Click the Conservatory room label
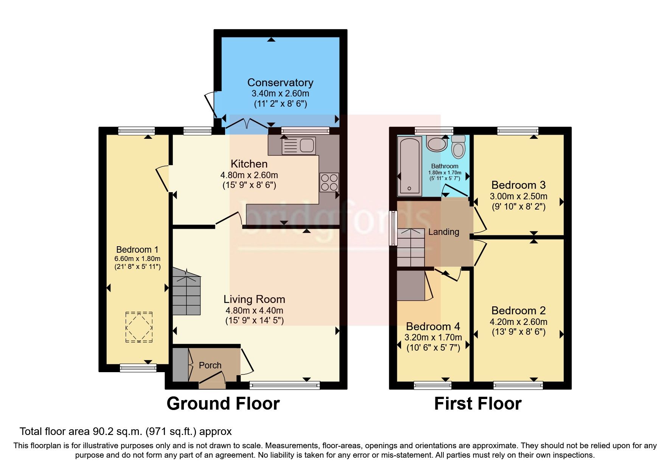pos(280,82)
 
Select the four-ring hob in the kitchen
pos(329,182)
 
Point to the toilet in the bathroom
pos(458,146)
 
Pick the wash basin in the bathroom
pos(437,144)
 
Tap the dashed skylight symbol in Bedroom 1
pos(139,327)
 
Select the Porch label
pos(210,365)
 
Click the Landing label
pos(443,232)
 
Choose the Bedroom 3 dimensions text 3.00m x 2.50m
pos(518,196)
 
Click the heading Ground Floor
pos(223,404)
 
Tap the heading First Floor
pos(477,404)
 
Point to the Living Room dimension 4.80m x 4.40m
pos(254,311)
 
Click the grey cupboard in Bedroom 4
pos(410,285)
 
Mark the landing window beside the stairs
pos(393,228)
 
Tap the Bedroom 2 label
pos(518,311)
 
